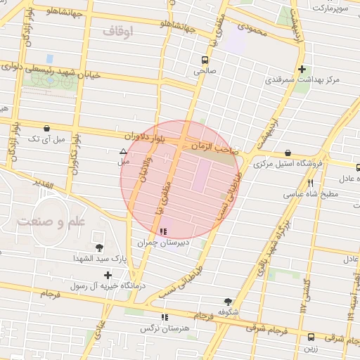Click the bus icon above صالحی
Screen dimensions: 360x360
click(204, 60)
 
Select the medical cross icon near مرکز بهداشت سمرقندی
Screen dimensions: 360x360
click(302, 69)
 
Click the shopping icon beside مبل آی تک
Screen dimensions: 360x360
click(46, 129)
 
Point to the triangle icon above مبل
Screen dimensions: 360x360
click(124, 151)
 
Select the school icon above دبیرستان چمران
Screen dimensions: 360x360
click(163, 231)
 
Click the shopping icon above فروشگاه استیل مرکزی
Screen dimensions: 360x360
click(288, 153)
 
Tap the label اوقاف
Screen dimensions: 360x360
click(117, 31)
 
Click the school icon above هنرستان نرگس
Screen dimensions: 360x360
click(165, 317)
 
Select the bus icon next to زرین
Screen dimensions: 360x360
click(311, 336)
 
